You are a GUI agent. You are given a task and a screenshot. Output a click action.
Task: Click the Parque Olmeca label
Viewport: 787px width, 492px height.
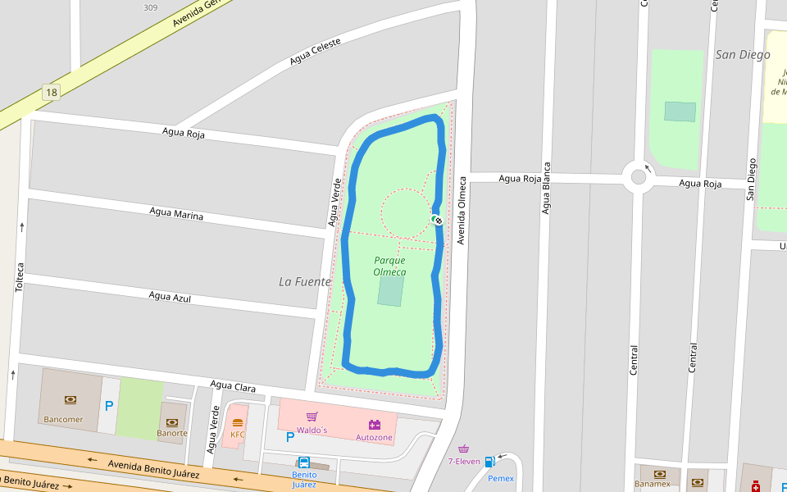[389, 266]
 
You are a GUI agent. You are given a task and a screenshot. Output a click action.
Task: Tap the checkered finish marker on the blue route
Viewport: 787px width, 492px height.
[438, 219]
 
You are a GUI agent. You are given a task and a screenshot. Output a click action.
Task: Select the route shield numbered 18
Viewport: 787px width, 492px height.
[52, 93]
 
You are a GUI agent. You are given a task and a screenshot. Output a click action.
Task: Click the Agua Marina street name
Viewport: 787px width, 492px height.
[176, 214]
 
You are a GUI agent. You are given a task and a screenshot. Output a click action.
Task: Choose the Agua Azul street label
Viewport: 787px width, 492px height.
[170, 296]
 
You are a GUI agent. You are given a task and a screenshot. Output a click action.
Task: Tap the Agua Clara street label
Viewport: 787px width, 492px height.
[233, 385]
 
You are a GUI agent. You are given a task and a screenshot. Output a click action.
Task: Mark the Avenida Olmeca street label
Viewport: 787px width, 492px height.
[462, 210]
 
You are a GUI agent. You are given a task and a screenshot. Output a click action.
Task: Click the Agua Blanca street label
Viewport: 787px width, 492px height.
[545, 194]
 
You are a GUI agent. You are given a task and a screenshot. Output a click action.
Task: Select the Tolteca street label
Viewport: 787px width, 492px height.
[20, 276]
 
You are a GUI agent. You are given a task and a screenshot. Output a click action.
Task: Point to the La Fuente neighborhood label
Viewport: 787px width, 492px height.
[305, 281]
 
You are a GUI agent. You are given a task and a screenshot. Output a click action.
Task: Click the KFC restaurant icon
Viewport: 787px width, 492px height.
[238, 423]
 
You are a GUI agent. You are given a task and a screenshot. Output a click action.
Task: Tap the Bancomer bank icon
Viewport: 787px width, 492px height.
[71, 400]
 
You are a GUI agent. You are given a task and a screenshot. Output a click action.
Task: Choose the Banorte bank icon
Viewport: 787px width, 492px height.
[172, 421]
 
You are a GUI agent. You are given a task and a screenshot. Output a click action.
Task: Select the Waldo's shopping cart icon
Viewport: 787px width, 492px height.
[312, 417]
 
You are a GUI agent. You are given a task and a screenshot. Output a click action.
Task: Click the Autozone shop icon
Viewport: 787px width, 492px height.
[375, 425]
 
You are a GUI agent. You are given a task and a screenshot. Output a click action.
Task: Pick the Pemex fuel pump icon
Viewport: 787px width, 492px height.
[489, 462]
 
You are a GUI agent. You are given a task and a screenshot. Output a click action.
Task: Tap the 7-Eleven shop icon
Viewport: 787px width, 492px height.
[464, 449]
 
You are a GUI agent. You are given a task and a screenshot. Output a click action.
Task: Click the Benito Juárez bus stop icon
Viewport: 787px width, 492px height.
[304, 462]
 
